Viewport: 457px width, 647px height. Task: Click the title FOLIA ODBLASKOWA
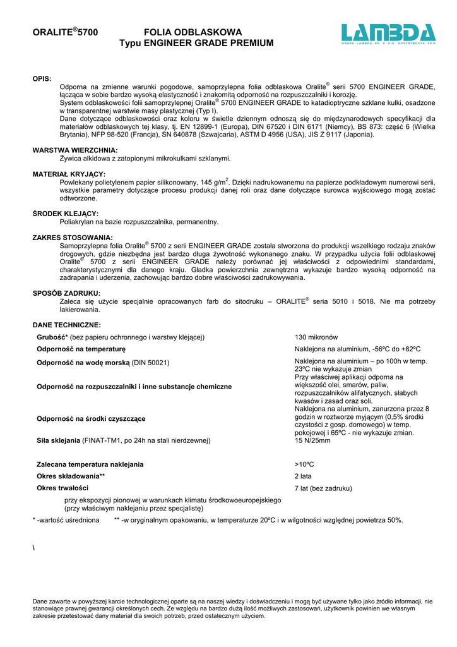click(x=193, y=32)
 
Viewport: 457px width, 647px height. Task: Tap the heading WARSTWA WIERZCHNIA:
click(x=75, y=150)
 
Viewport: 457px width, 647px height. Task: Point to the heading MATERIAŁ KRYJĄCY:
click(x=69, y=174)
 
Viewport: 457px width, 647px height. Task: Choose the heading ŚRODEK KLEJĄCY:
click(x=65, y=214)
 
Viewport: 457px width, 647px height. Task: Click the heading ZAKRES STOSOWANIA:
click(x=73, y=238)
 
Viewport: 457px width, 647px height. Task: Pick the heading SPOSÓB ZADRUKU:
click(x=66, y=293)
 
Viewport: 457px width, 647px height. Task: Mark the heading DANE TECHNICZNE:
click(x=66, y=325)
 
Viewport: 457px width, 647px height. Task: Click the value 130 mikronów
click(x=316, y=337)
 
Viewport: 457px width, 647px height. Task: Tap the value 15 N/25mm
click(x=312, y=440)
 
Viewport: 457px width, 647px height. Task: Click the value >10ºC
click(x=304, y=464)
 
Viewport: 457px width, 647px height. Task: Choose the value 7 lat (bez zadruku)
click(x=323, y=488)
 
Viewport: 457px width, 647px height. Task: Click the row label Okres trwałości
click(x=62, y=488)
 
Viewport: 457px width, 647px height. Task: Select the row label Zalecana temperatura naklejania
click(x=90, y=464)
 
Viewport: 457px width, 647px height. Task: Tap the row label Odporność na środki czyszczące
click(x=92, y=419)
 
